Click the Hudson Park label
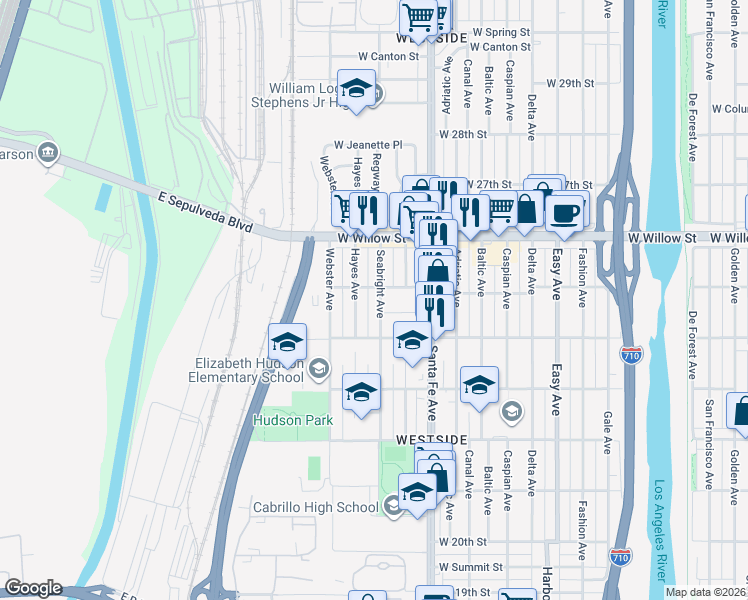coord(292,421)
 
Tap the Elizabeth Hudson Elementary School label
coord(245,370)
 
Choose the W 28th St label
coord(461,133)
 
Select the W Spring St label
coord(501,33)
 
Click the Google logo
coord(33,588)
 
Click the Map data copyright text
coord(706,592)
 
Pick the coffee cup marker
coord(565,212)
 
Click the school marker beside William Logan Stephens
coord(355,89)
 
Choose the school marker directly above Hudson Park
coord(361,391)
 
